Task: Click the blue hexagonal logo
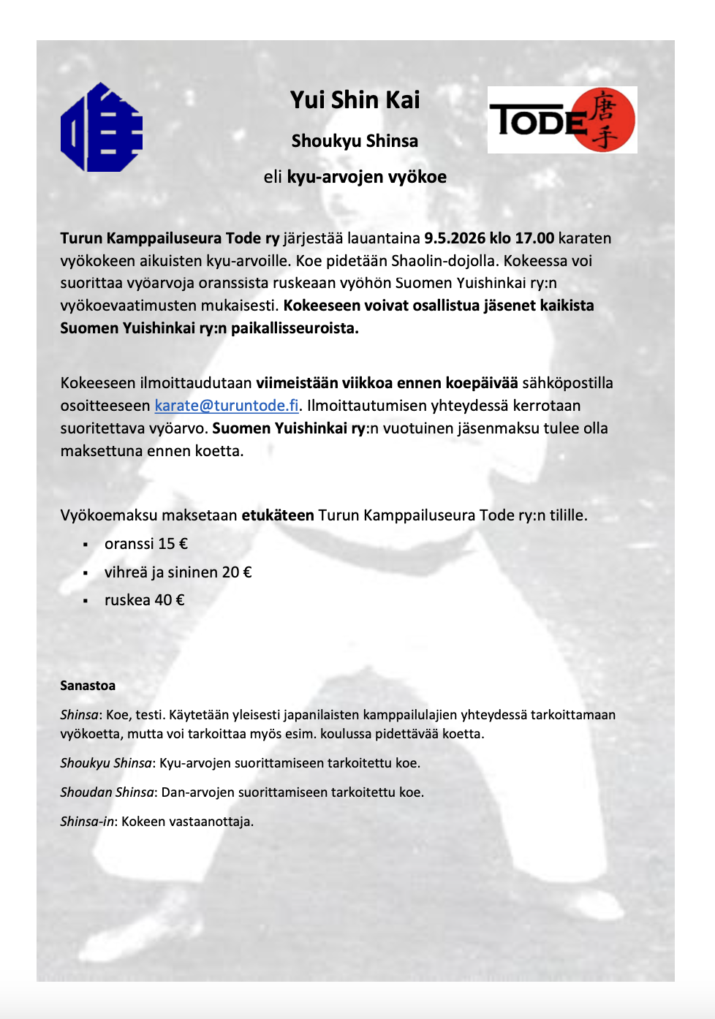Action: [101, 128]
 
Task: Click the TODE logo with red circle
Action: [562, 120]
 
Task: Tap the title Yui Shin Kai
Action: [355, 100]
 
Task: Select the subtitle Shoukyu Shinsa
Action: [355, 141]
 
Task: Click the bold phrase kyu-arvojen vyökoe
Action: [366, 177]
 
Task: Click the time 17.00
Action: [534, 238]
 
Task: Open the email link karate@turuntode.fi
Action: [227, 406]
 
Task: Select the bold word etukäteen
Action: [278, 515]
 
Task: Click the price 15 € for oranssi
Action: [173, 544]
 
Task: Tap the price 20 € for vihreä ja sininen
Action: [237, 572]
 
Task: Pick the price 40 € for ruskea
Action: [170, 600]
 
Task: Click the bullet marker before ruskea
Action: [86, 601]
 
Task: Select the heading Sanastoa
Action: [88, 686]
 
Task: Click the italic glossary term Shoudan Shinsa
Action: [107, 792]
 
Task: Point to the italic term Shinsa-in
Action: [87, 822]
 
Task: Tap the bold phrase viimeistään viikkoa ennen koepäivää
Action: [387, 383]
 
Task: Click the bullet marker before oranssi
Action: [86, 545]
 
